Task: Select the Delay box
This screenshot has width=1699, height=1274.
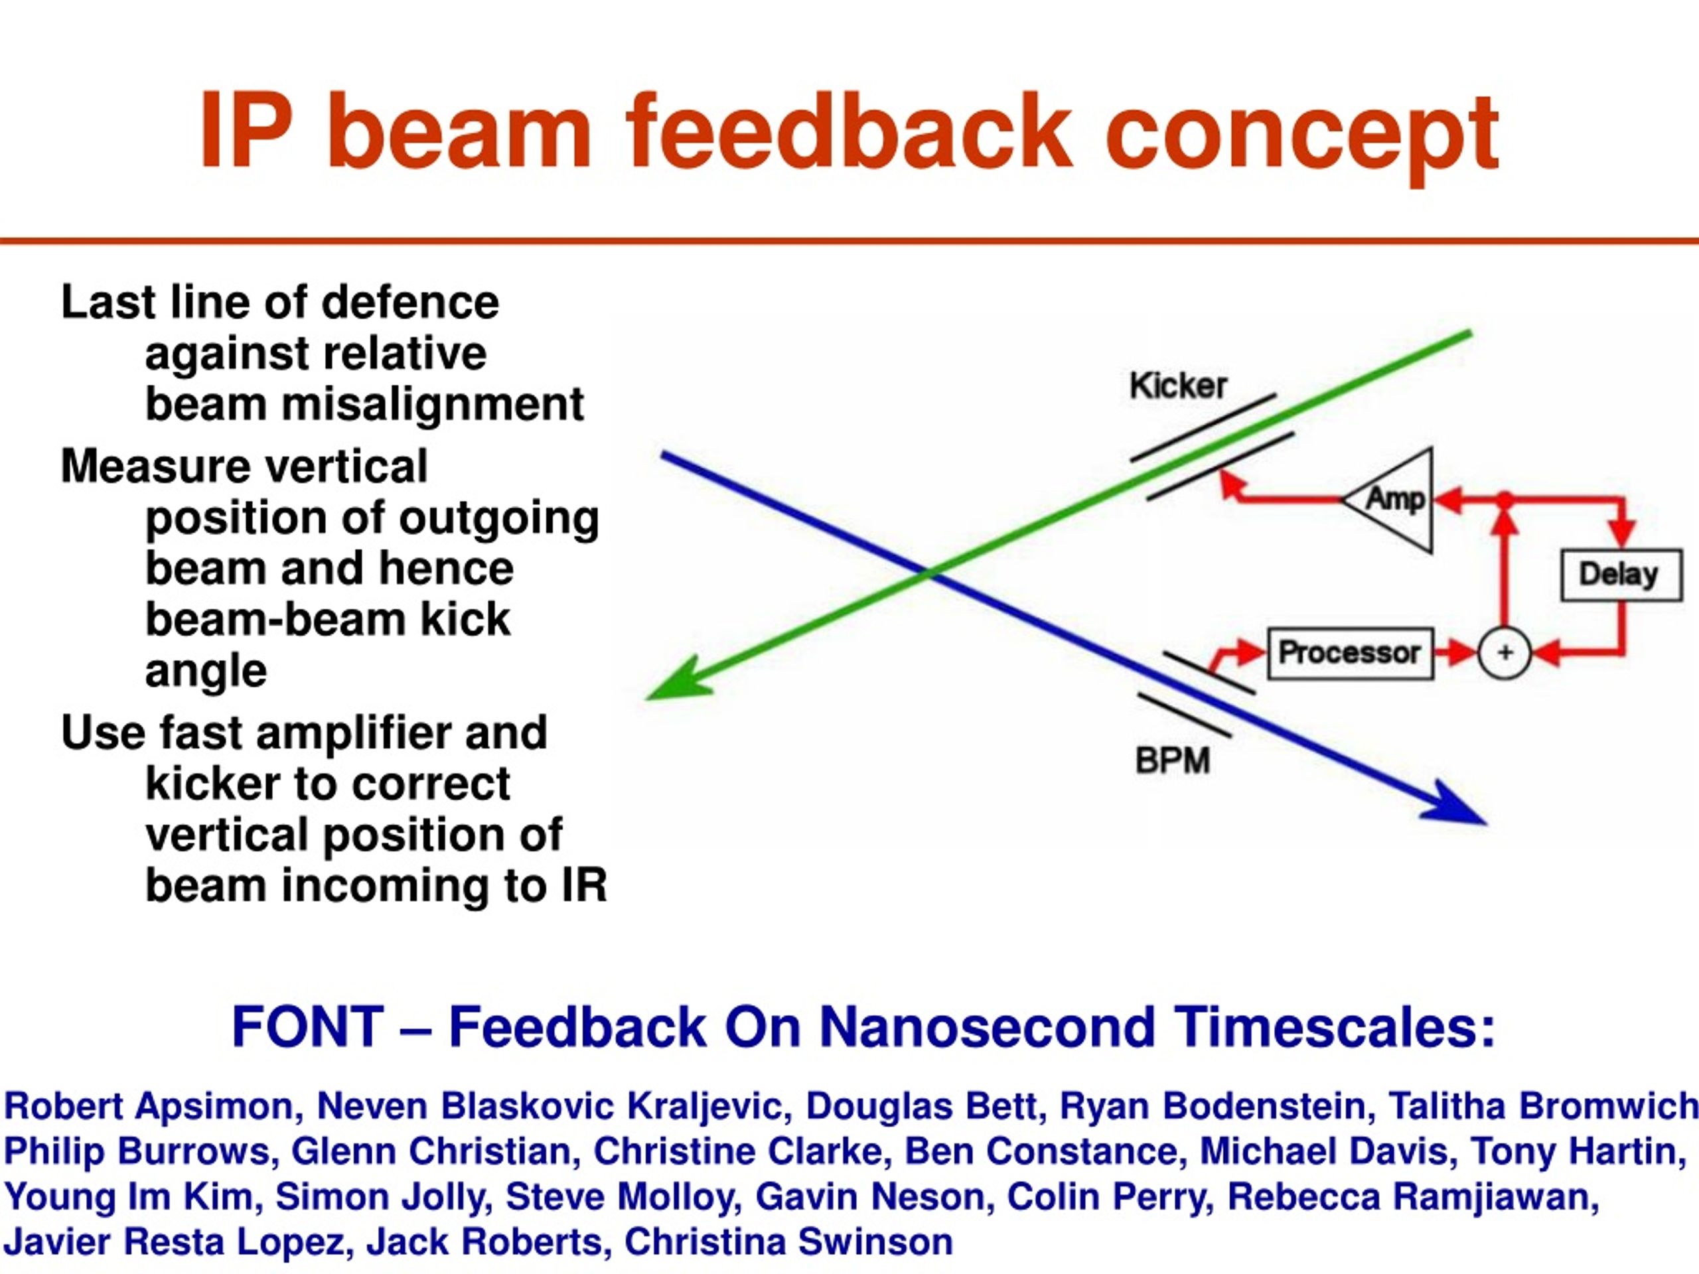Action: (1621, 575)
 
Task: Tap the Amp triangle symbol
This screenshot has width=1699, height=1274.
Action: (1388, 500)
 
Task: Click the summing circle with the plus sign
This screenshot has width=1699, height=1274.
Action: (1505, 654)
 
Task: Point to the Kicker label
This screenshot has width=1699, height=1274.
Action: (1178, 386)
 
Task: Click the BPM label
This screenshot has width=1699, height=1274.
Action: (1173, 760)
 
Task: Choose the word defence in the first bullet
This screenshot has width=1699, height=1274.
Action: (410, 302)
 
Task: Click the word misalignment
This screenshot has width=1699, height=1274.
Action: (433, 405)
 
